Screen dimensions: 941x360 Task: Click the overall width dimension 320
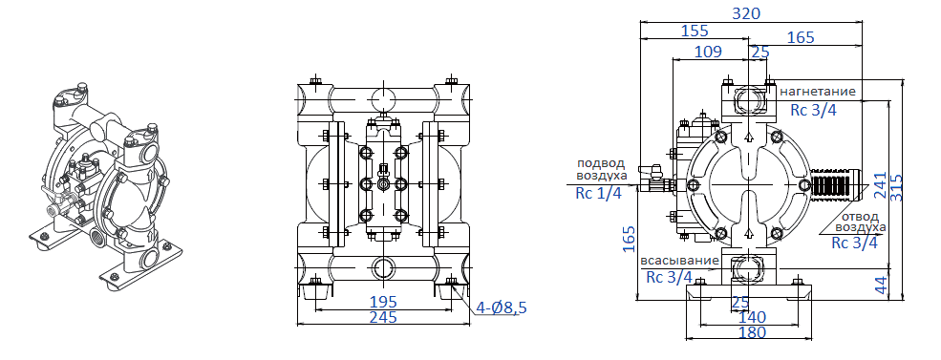(x=746, y=12)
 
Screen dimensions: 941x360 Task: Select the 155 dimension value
(x=695, y=31)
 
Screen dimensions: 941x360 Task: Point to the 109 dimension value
(x=708, y=53)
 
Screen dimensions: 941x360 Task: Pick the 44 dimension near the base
(x=881, y=285)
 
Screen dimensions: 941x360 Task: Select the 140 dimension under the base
(x=752, y=316)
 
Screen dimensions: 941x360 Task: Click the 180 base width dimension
(x=752, y=332)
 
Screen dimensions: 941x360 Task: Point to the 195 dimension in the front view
(x=382, y=302)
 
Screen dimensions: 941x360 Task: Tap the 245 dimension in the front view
(x=382, y=317)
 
